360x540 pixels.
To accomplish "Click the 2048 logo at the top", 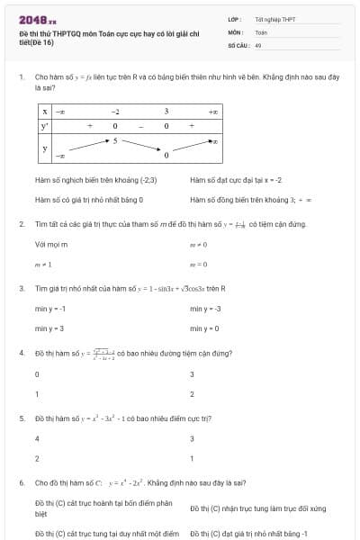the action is [x=37, y=18].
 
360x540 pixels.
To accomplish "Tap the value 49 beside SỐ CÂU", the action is [x=258, y=44].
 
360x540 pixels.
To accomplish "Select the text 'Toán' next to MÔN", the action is [x=261, y=31].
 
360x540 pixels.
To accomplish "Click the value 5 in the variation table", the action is [x=115, y=141].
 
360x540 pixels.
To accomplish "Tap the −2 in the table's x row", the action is [x=115, y=112].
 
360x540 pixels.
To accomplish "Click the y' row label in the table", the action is [x=45, y=126].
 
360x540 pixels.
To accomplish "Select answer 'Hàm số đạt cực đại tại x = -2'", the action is [x=236, y=180].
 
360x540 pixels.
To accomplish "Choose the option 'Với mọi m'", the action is [x=51, y=244].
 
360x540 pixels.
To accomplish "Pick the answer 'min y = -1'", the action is [x=49, y=309].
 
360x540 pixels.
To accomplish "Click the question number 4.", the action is [x=22, y=354].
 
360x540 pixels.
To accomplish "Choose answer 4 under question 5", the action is [x=37, y=438].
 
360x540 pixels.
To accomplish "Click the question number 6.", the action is [x=22, y=482].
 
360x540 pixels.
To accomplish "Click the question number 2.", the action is [x=22, y=224].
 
